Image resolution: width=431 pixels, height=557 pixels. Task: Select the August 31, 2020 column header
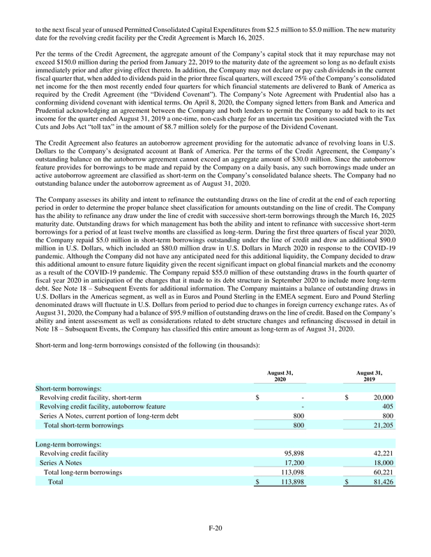coord(280,377)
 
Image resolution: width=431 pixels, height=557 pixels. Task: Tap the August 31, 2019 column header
coord(368,377)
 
